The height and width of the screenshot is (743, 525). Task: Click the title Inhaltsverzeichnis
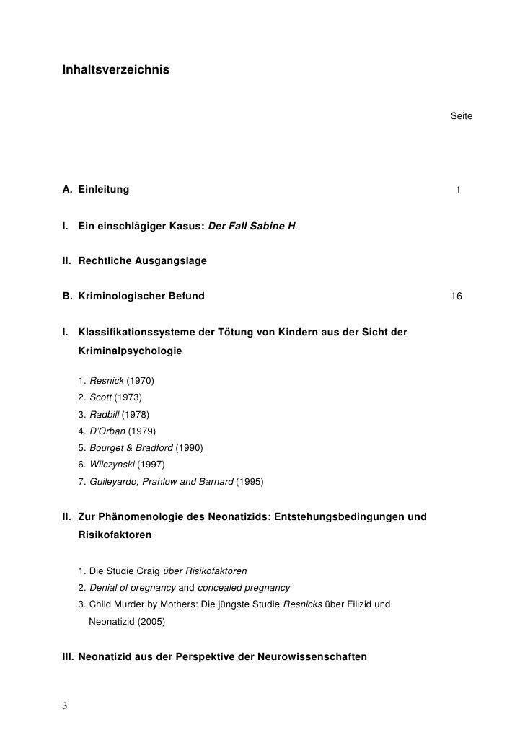[116, 70]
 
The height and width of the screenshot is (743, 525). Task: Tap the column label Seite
[461, 116]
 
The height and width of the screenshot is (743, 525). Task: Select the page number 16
[456, 296]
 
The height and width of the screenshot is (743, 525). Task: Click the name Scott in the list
[100, 397]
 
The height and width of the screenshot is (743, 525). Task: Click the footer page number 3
[65, 705]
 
